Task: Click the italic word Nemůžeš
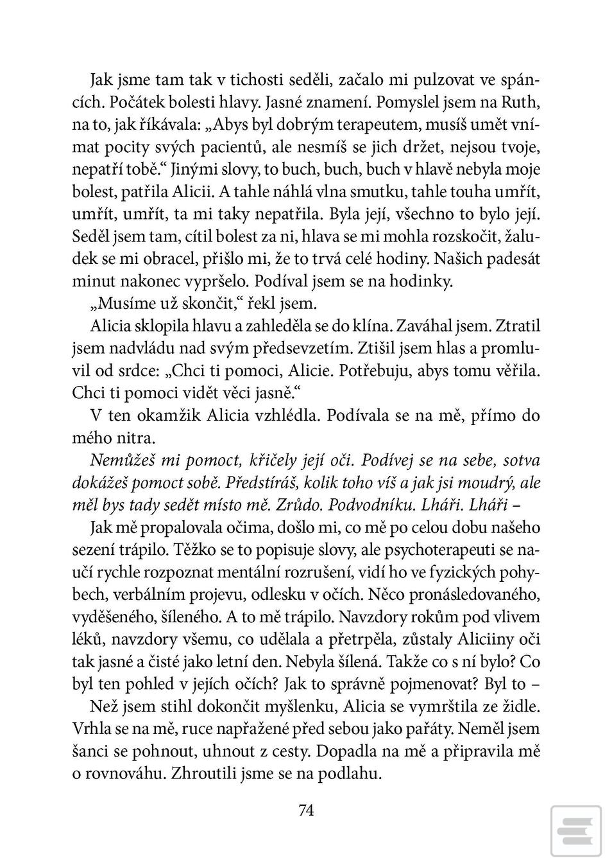pyautogui.click(x=121, y=460)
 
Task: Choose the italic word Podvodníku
pyautogui.click(x=362, y=505)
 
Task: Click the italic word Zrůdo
pyautogui.click(x=294, y=505)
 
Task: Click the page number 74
pyautogui.click(x=306, y=810)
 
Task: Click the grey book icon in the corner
pyautogui.click(x=575, y=832)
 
